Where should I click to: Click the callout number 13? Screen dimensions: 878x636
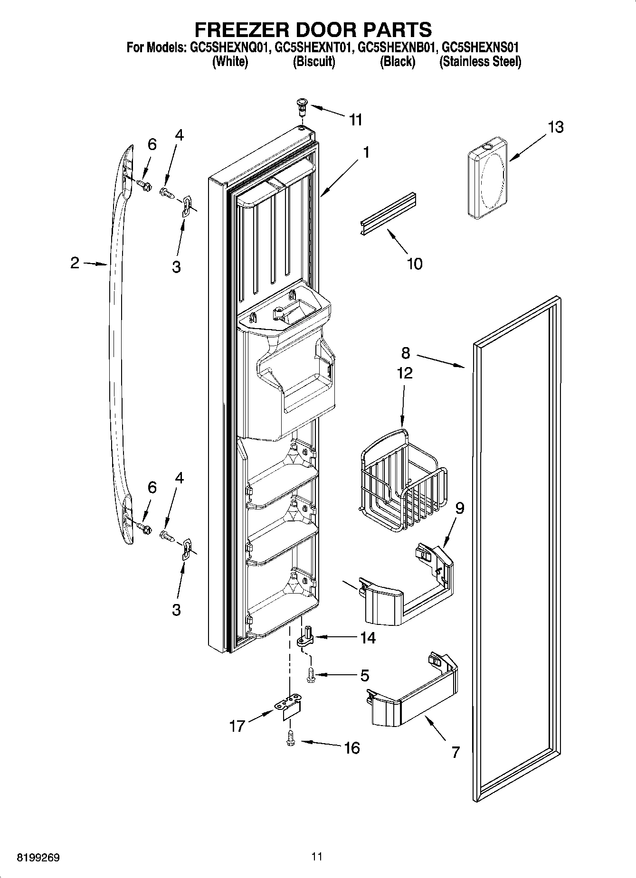pyautogui.click(x=555, y=127)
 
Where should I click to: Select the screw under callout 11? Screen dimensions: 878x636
pyautogui.click(x=302, y=106)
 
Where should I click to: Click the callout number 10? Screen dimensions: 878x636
pyautogui.click(x=415, y=264)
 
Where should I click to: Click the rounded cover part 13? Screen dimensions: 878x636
pyautogui.click(x=487, y=178)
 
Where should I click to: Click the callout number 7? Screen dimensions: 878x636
pyautogui.click(x=455, y=752)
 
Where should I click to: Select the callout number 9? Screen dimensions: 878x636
pyautogui.click(x=459, y=508)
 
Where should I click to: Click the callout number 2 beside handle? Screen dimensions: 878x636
pyautogui.click(x=75, y=263)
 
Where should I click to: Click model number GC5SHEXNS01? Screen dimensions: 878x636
pyautogui.click(x=479, y=47)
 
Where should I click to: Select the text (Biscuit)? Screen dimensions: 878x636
pyautogui.click(x=313, y=62)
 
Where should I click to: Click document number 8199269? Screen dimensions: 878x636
pyautogui.click(x=38, y=858)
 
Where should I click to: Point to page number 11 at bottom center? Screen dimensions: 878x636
pyautogui.click(x=317, y=857)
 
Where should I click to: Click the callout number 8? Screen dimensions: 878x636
pyautogui.click(x=406, y=353)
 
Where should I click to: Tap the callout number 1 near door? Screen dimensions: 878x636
pyautogui.click(x=366, y=153)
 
